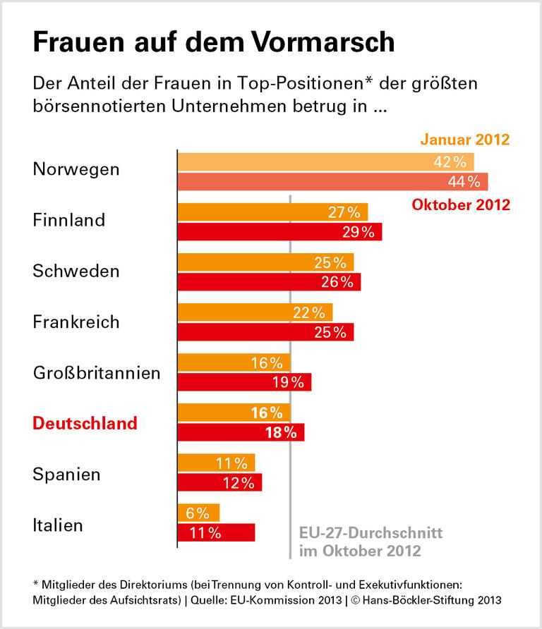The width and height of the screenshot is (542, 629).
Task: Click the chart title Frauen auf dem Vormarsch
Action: [213, 42]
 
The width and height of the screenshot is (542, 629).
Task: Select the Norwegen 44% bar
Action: [332, 181]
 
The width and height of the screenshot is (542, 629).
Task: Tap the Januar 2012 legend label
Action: [464, 139]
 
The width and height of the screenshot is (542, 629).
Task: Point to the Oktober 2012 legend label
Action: [460, 205]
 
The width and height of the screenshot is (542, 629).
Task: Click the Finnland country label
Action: [68, 220]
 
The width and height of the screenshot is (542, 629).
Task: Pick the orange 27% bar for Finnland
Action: [272, 212]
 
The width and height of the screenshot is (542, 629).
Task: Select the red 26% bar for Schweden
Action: [269, 282]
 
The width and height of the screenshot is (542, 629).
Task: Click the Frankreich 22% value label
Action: [309, 312]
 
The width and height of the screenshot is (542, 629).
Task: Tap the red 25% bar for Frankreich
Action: [265, 332]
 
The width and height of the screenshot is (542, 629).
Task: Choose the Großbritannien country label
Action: [97, 372]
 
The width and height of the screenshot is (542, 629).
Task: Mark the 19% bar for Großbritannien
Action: [244, 382]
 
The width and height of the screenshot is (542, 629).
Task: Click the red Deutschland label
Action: [85, 423]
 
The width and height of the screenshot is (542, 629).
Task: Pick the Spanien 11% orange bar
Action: [216, 463]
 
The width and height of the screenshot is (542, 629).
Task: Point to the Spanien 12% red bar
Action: [219, 483]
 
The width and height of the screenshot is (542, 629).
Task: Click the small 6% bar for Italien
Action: [198, 513]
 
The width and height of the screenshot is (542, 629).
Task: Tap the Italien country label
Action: [58, 525]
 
